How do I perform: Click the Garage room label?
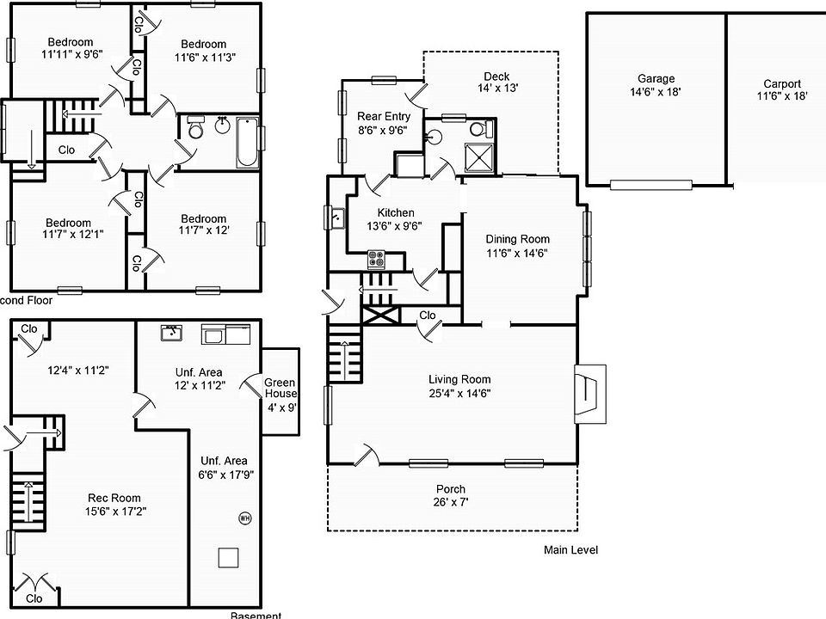656,78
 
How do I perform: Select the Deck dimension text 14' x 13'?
496,88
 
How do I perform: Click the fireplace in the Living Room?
590,394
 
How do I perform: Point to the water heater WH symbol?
244,518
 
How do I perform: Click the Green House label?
280,389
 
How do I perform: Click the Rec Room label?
114,498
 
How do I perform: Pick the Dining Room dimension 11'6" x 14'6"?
516,253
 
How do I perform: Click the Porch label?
450,489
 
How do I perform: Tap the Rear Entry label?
384,117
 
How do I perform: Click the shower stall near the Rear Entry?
478,158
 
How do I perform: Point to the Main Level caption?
570,550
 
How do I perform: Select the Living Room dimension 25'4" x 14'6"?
459,393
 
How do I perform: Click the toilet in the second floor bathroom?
195,131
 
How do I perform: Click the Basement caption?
256,615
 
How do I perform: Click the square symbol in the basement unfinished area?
228,557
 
